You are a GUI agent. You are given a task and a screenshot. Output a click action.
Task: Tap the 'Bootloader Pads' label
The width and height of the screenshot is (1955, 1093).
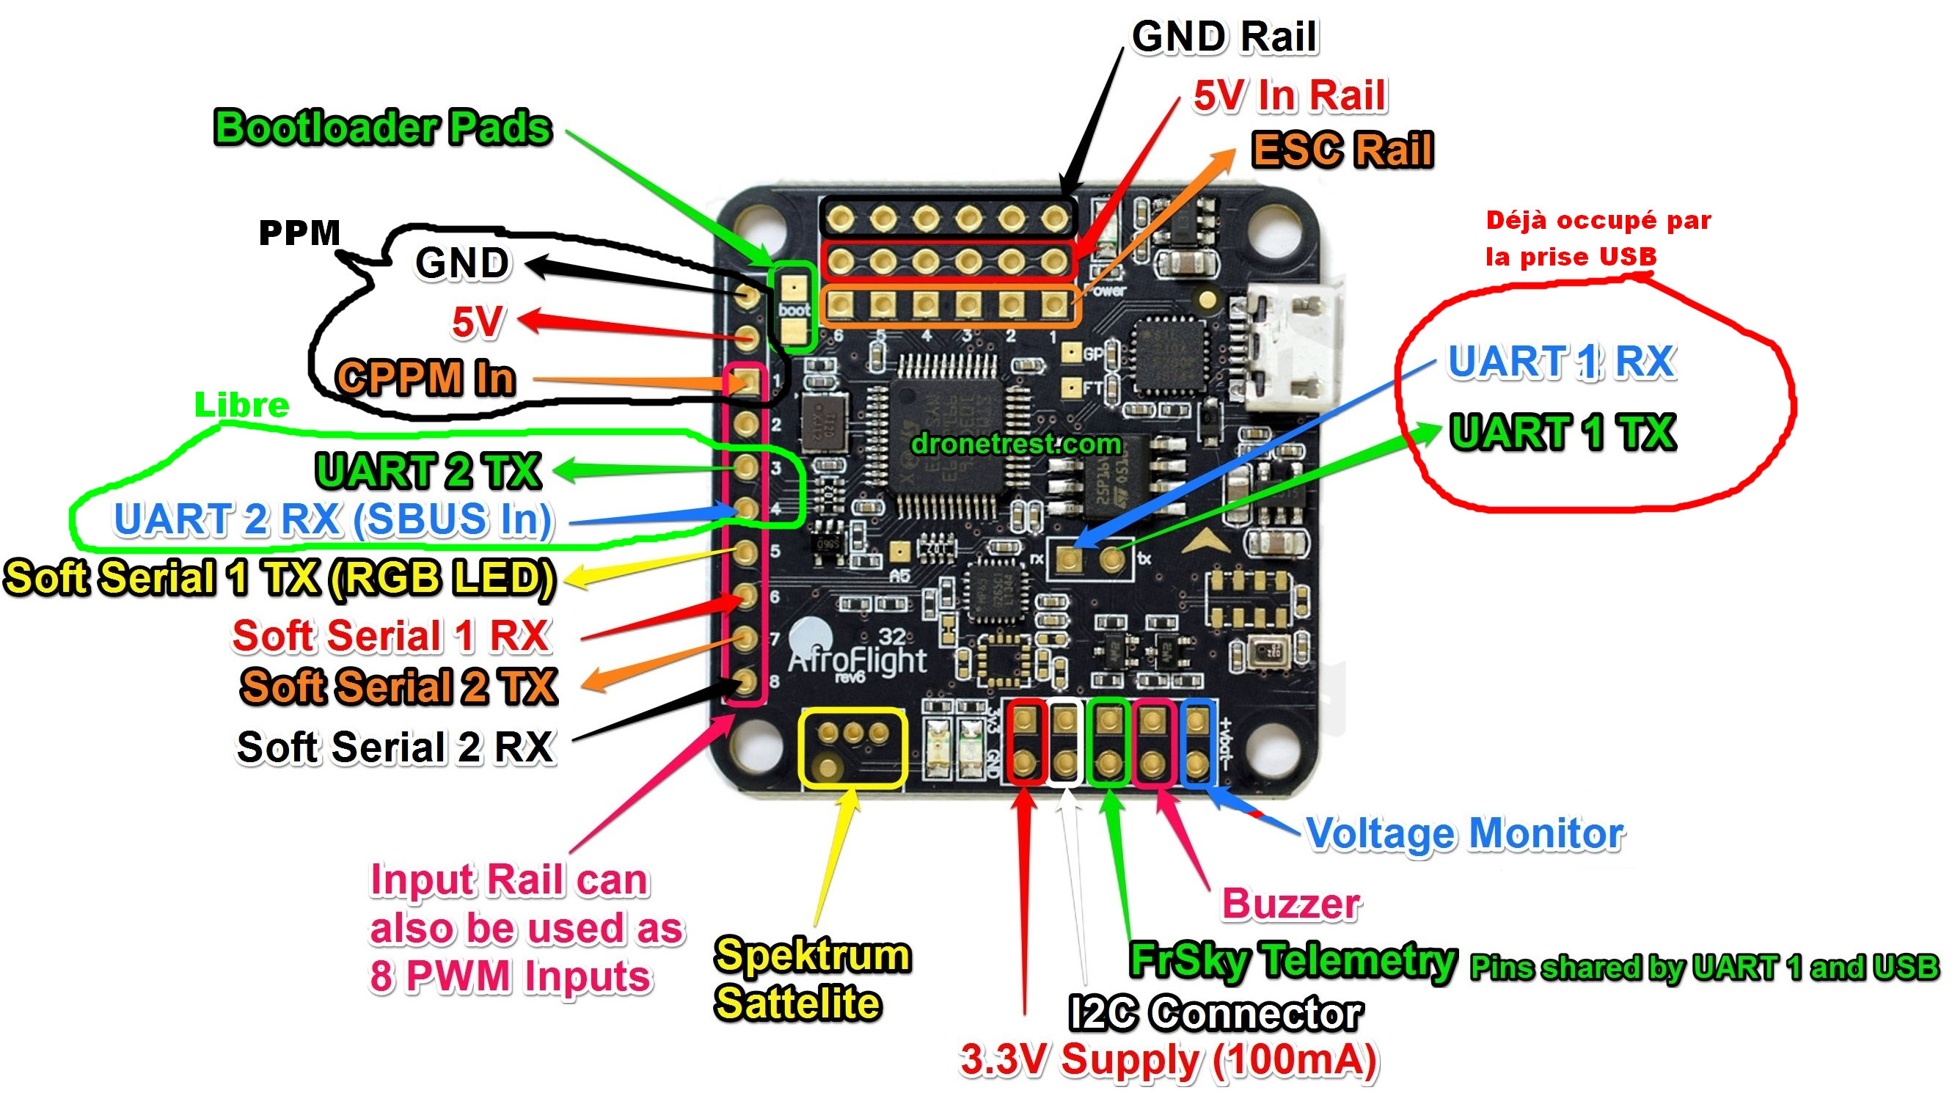coord(382,128)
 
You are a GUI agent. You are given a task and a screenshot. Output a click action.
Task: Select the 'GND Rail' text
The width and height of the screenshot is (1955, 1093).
coord(1224,37)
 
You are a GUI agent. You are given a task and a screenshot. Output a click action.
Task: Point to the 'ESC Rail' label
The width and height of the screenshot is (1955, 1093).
coord(1342,149)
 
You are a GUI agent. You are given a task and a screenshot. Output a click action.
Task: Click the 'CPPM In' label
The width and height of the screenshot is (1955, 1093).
coord(425,377)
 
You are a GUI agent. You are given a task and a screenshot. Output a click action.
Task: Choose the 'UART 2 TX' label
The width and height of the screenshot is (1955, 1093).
coord(428,471)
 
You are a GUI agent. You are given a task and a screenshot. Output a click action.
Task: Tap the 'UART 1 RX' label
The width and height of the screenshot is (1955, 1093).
coord(1561,362)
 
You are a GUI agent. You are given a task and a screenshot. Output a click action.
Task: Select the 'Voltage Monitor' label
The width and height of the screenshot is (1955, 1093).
coord(1465,833)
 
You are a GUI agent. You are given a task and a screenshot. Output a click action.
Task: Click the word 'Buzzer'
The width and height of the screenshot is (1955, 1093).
coord(1291,904)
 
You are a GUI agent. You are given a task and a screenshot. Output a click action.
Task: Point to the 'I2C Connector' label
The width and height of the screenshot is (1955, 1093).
coord(1216,1013)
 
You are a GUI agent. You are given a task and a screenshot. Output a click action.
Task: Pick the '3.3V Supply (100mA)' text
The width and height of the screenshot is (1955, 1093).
coord(1169,1061)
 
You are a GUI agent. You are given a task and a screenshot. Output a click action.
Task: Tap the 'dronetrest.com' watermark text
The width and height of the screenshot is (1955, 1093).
coord(1016,444)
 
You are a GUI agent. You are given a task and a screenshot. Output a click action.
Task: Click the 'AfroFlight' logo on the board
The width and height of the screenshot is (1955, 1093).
coord(856,660)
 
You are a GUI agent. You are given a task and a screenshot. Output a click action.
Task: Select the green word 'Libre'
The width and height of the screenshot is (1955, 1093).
coord(241,406)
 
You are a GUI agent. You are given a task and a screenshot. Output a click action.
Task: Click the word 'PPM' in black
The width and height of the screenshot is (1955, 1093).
coord(300,233)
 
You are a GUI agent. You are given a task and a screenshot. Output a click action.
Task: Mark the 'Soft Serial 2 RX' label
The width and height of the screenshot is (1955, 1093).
coord(395,747)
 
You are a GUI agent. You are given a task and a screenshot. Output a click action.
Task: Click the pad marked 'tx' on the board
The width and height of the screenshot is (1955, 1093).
coord(1114,560)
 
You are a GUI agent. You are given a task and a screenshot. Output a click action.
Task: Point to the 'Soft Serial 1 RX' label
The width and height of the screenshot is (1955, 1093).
coord(391,636)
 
